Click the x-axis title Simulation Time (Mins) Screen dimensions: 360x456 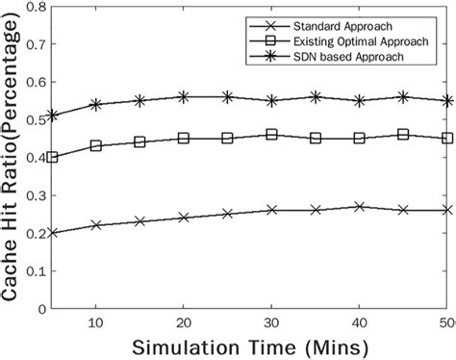click(249, 345)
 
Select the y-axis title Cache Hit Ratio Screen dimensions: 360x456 click(11, 159)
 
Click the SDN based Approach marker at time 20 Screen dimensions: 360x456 click(183, 96)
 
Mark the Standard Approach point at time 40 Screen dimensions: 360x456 click(359, 206)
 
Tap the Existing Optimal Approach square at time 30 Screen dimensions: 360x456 click(271, 135)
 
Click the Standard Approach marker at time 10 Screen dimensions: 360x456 click(95, 225)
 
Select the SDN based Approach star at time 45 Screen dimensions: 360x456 click(403, 96)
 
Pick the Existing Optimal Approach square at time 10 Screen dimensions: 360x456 click(95, 146)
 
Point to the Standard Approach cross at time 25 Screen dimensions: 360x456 click(227, 214)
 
